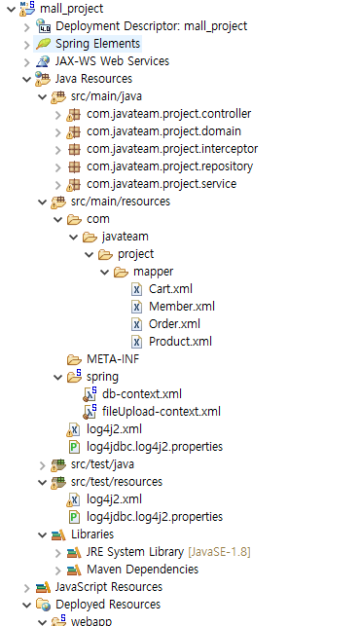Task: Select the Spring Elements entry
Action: click(x=97, y=44)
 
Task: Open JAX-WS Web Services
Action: click(x=112, y=61)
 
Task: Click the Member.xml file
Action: click(x=181, y=307)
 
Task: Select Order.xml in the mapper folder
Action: click(x=174, y=324)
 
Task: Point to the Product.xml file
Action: click(x=180, y=342)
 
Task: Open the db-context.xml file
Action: click(x=141, y=394)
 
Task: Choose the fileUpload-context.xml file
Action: click(x=161, y=412)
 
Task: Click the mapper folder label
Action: click(x=154, y=272)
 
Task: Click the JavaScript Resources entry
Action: click(x=109, y=587)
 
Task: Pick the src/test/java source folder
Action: click(x=103, y=464)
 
